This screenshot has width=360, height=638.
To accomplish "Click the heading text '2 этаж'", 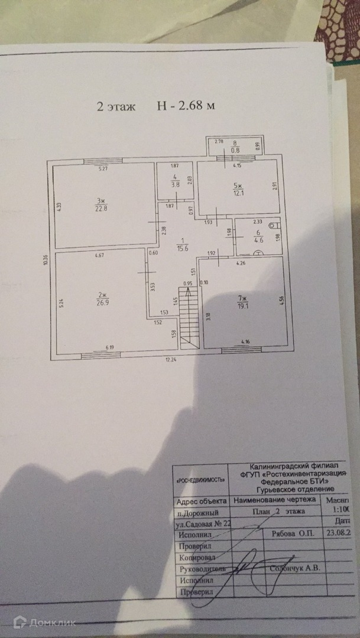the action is coord(116,107).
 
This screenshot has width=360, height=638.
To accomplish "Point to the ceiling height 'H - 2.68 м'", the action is coord(184,106).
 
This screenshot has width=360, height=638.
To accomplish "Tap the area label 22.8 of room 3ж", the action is coord(100,207).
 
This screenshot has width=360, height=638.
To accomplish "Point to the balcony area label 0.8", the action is coord(234,150).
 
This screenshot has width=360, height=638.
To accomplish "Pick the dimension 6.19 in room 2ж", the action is coord(111,348).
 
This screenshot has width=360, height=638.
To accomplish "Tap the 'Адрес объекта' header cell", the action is coord(200,501).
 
